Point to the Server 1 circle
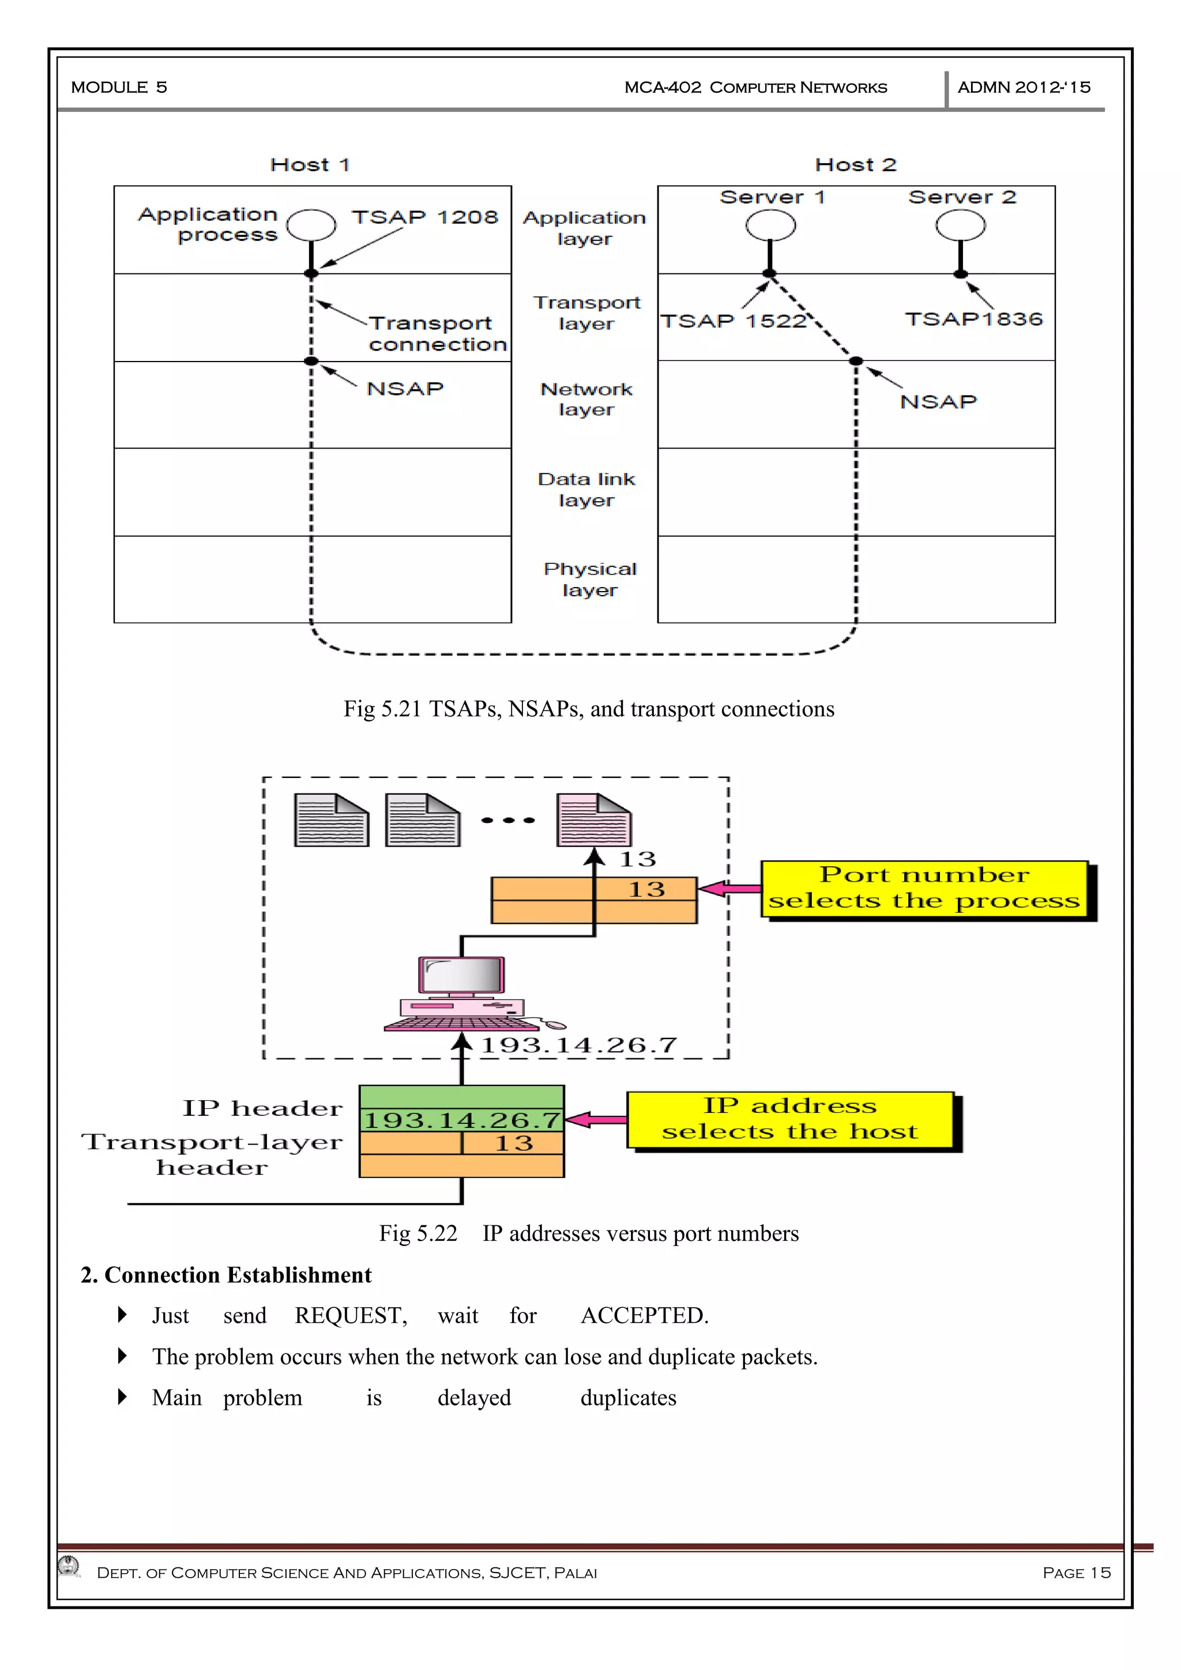[770, 225]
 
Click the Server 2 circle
[961, 225]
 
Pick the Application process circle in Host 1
[311, 225]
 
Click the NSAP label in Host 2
[938, 401]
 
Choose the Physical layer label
[590, 579]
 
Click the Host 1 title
[310, 165]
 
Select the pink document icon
[593, 820]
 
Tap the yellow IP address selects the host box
[791, 1119]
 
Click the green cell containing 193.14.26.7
[462, 1120]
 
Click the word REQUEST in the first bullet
[351, 1316]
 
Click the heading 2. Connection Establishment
[226, 1275]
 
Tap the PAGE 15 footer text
[1076, 1573]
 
